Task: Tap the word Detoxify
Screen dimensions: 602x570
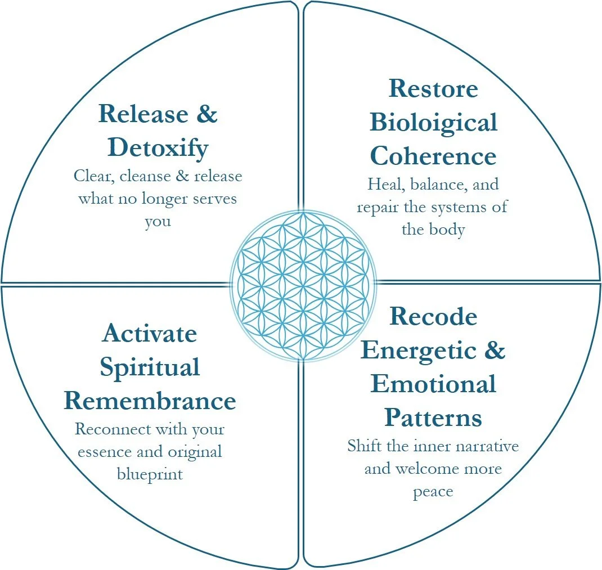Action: point(158,147)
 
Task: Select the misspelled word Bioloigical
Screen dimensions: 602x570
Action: point(433,122)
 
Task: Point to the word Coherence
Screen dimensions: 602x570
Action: point(433,156)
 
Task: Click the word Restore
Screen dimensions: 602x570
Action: point(433,88)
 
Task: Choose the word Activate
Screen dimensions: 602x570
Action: point(150,334)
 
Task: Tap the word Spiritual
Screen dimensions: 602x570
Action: point(150,367)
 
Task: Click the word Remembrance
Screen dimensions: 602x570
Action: point(150,401)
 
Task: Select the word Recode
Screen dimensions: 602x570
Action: point(433,316)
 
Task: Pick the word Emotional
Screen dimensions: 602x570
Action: point(433,384)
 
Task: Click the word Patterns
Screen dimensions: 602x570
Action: point(433,418)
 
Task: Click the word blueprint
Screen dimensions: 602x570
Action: point(150,474)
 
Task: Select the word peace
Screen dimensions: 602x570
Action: point(433,491)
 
